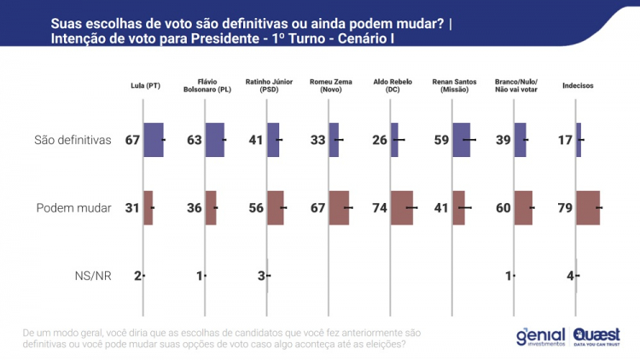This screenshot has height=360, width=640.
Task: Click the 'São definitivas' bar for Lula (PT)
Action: tap(153, 140)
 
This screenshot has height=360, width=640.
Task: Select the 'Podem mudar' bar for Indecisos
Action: tap(588, 207)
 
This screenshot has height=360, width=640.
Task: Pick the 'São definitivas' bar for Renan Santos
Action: tap(461, 140)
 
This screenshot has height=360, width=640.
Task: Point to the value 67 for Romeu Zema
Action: tap(318, 207)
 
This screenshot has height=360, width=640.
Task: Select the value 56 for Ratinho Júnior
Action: tap(256, 207)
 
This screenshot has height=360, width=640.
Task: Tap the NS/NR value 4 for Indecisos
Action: tap(570, 276)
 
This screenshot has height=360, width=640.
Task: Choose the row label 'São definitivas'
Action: tap(74, 140)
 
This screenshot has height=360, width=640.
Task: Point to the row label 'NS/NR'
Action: tap(93, 276)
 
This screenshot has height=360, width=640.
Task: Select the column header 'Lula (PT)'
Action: tap(143, 85)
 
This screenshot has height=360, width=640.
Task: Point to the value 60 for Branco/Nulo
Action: tap(504, 207)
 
